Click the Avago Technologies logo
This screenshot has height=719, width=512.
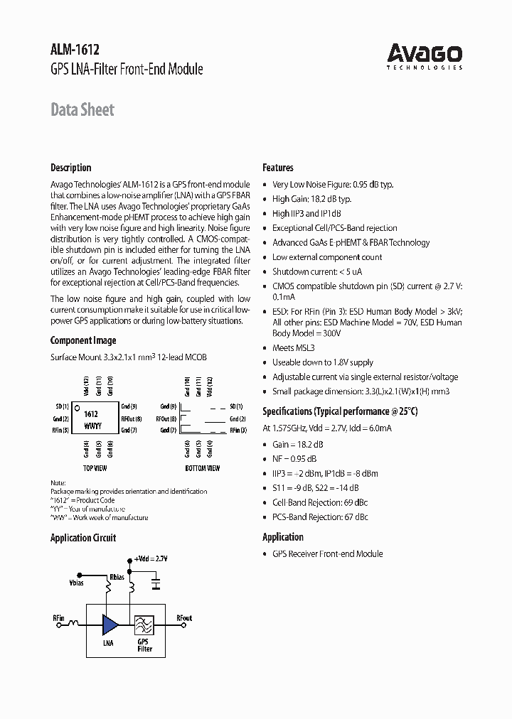pos(425,55)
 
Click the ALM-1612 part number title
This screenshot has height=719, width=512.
pos(75,50)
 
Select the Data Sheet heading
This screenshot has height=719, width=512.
pos(82,109)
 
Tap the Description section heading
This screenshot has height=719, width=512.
pos(70,168)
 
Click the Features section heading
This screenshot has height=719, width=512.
pos(278,168)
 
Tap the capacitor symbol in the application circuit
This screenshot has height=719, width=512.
pos(156,585)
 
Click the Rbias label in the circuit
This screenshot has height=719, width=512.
pos(116,577)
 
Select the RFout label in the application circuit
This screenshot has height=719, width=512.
pos(184,618)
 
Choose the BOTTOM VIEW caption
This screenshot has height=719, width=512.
pos(203,469)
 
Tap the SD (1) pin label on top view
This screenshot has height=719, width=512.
pos(62,406)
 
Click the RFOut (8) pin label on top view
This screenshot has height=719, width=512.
pos(132,418)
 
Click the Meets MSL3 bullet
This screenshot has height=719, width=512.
pos(293,348)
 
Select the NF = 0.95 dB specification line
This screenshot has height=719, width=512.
pos(294,458)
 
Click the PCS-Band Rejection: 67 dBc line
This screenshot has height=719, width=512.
pos(320,517)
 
